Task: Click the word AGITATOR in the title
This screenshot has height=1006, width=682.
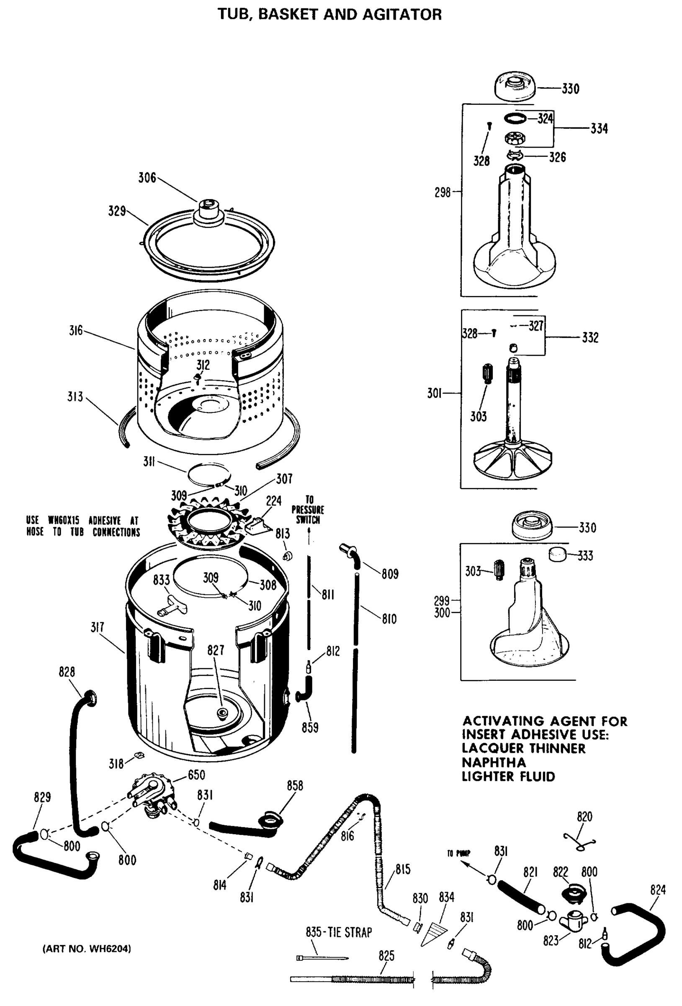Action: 402,15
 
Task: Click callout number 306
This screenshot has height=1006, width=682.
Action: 147,178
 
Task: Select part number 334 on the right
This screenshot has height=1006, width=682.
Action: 599,129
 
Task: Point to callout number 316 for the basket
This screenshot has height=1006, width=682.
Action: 76,331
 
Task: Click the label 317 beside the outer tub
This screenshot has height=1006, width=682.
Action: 97,627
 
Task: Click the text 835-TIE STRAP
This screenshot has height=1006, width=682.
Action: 339,932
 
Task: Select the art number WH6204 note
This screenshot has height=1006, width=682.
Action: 87,949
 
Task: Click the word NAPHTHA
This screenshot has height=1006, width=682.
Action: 494,762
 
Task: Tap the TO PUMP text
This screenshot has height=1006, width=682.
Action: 458,853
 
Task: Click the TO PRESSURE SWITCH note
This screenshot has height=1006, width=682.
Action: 307,510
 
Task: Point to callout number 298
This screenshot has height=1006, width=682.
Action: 443,192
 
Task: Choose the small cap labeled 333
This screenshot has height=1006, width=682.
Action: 558,555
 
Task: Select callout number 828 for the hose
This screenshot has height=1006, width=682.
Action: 67,672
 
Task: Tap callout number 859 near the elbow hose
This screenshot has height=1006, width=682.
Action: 310,728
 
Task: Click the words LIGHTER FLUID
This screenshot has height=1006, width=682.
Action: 508,776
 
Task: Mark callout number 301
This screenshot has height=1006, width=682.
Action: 434,393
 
